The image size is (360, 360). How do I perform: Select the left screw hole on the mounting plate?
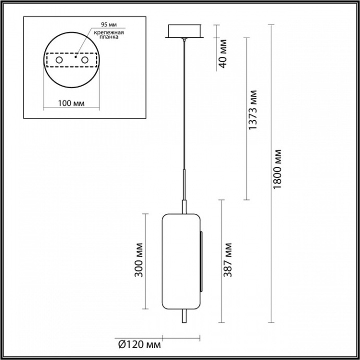(59, 61)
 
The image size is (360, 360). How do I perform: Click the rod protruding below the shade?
(183, 318)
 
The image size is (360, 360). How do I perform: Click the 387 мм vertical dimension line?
(222, 261)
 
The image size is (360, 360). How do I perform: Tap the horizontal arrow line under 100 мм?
(70, 110)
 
